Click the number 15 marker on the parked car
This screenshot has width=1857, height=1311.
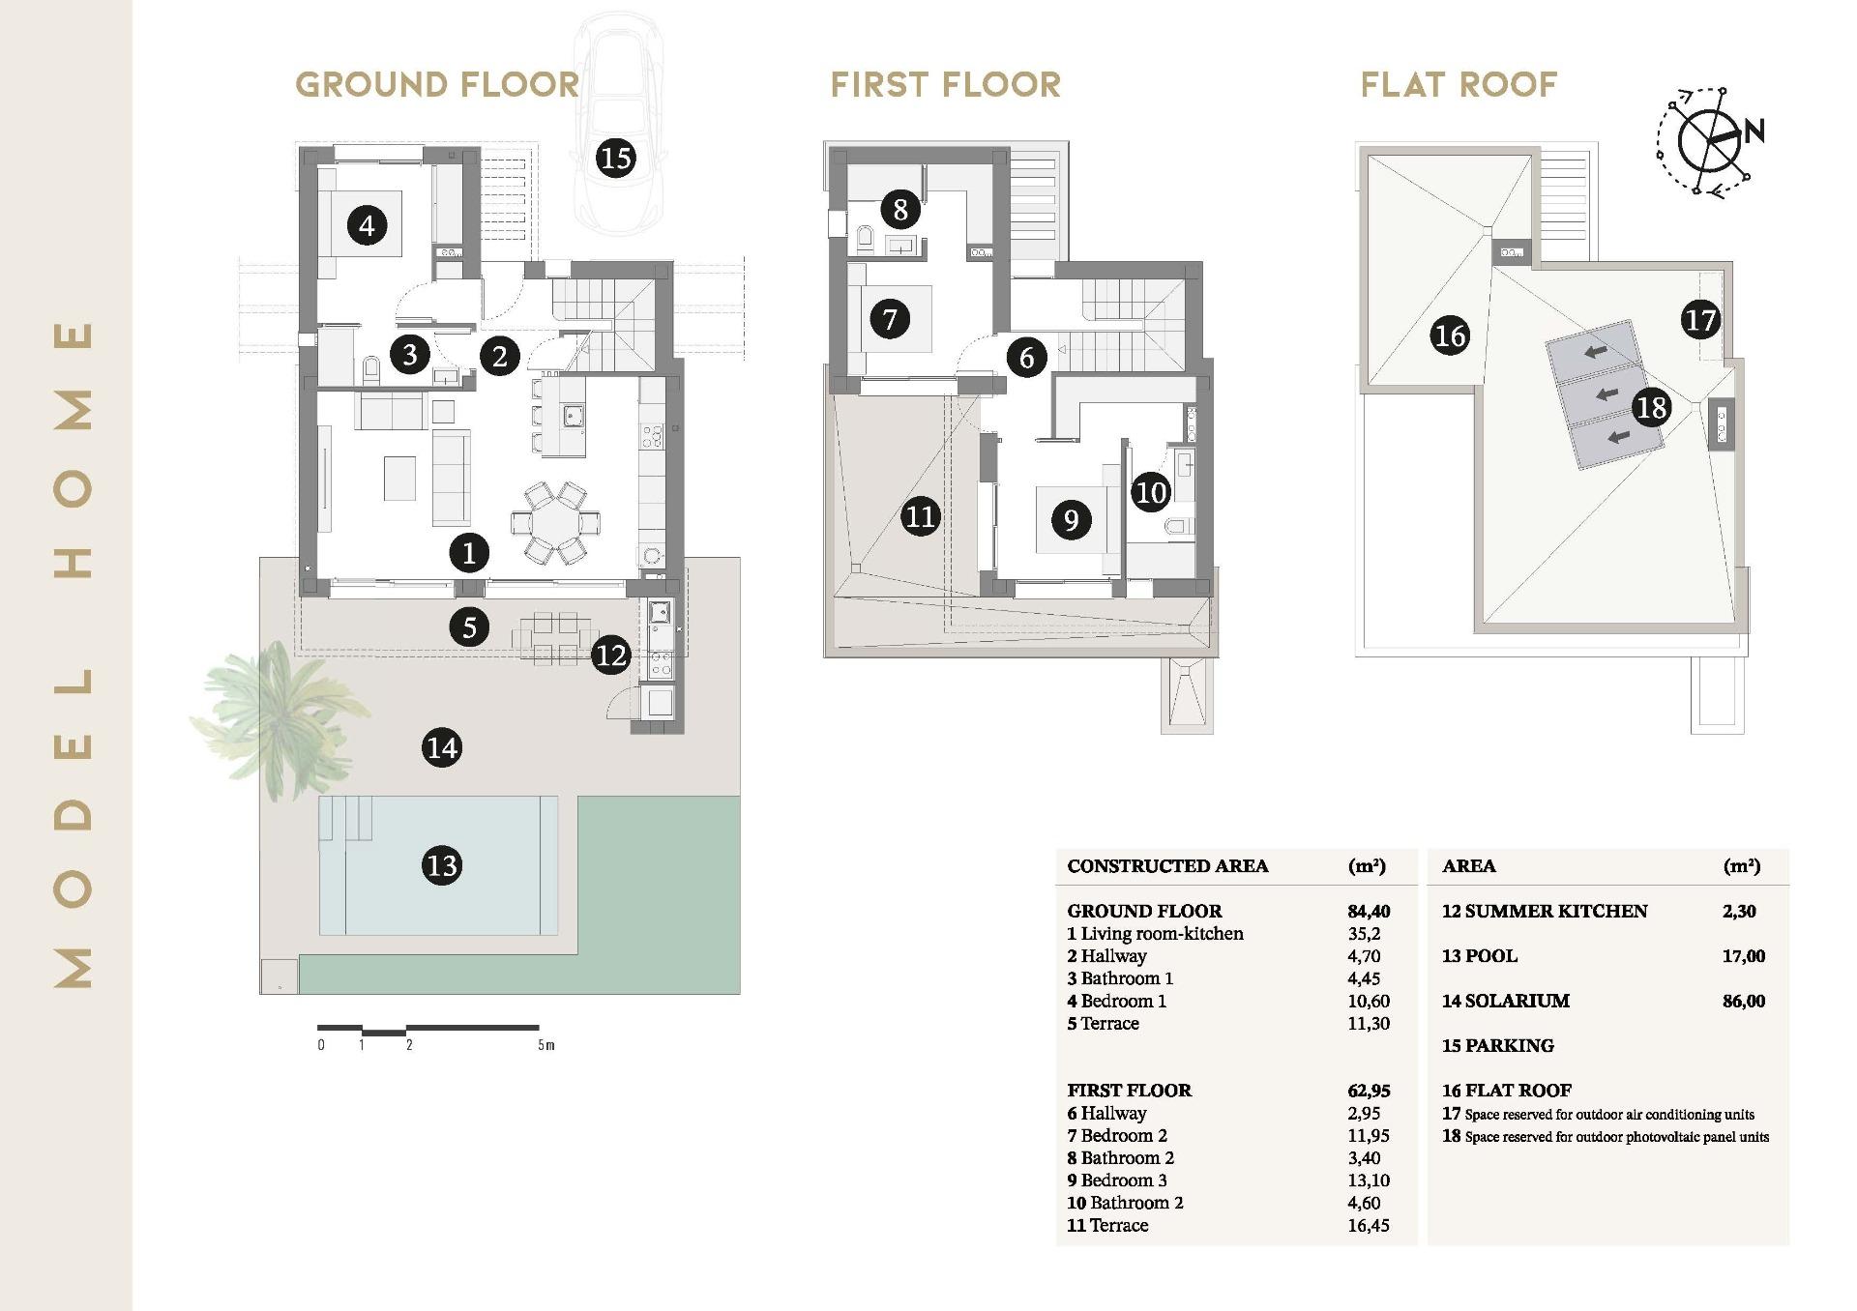click(616, 157)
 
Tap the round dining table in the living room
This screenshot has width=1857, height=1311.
click(555, 523)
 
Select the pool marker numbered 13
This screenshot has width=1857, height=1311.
click(442, 864)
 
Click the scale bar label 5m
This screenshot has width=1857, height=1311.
click(546, 1045)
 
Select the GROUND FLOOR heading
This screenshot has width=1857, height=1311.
click(437, 85)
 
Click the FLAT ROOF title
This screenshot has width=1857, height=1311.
click(1459, 85)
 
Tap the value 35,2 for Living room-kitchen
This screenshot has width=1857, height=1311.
click(1364, 934)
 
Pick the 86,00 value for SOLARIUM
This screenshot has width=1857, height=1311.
click(1743, 1002)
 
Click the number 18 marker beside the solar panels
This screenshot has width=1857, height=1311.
click(1651, 407)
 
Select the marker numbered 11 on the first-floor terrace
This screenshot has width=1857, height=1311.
click(920, 516)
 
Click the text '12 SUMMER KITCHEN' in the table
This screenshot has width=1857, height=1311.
click(1544, 911)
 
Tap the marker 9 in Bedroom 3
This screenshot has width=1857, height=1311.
click(1071, 520)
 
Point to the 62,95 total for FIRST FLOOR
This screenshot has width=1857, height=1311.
click(1369, 1091)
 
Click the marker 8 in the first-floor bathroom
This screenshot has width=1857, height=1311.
click(900, 209)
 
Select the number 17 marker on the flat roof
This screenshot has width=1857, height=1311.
click(1700, 320)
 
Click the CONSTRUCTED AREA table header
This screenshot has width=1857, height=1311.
click(1167, 866)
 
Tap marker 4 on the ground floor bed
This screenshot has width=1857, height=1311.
click(367, 226)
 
